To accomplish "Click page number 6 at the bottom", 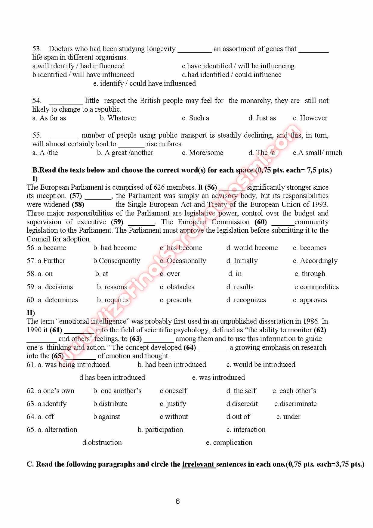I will coord(177,501).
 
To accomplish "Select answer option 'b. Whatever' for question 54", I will coord(118,118).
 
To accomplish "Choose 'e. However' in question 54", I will coord(310,118).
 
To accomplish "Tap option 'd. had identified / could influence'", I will coord(232,75).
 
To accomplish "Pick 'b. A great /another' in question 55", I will coord(125,153).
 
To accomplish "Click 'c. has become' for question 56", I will coord(181,248).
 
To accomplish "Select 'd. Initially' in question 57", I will coord(242,261).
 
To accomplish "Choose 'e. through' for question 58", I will coord(310,274).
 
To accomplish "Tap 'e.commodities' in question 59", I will coord(317,287).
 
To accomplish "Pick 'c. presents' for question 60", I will coord(176,300).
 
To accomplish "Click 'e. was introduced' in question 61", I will coord(218,377).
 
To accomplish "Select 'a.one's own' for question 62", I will coord(51,391).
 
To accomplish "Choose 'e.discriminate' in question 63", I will coord(295,404).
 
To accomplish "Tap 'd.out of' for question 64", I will coord(238,417).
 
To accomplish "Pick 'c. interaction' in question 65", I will coord(246,430).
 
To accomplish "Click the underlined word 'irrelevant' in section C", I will coord(199,464).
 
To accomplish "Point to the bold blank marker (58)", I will coord(78,204).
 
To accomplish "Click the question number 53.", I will coord(37,49).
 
